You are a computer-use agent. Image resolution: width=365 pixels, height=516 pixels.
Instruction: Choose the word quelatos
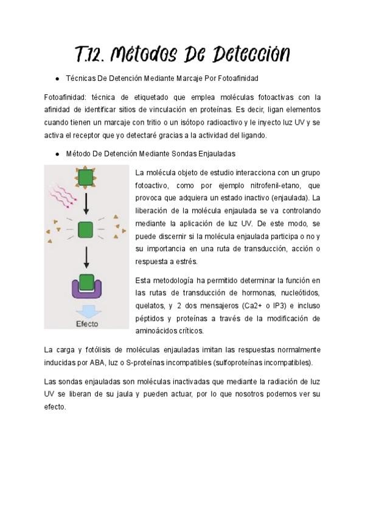coord(150,306)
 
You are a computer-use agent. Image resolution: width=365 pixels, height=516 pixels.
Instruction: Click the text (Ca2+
coord(252,306)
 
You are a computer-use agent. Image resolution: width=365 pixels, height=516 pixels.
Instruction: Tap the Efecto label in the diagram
coord(86,323)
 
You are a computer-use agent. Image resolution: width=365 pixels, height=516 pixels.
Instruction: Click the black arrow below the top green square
coord(86,203)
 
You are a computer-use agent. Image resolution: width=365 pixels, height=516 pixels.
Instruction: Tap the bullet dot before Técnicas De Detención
coord(57,78)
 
